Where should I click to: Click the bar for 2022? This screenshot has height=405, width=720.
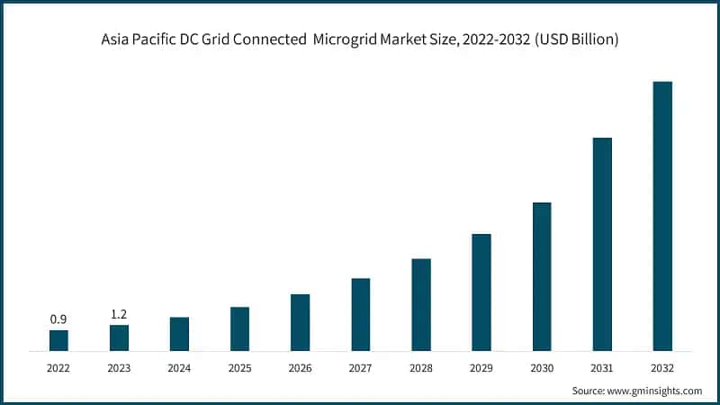pyautogui.click(x=58, y=340)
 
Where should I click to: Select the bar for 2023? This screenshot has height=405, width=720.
pyautogui.click(x=119, y=337)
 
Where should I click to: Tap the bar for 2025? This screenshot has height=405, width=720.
pyautogui.click(x=239, y=328)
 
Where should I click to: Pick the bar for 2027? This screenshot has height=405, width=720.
pyautogui.click(x=360, y=314)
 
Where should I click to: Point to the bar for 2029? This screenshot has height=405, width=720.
pyautogui.click(x=481, y=292)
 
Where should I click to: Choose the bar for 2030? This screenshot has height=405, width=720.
pyautogui.click(x=542, y=276)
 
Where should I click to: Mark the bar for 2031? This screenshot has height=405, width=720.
pyautogui.click(x=602, y=244)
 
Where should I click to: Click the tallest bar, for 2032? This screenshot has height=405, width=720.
pyautogui.click(x=662, y=216)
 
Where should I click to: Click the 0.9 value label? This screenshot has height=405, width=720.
pyautogui.click(x=58, y=319)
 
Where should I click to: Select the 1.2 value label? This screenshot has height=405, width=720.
pyautogui.click(x=119, y=314)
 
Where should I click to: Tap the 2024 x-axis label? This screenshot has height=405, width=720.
pyautogui.click(x=179, y=368)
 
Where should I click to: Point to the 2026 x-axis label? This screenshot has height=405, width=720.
pyautogui.click(x=300, y=368)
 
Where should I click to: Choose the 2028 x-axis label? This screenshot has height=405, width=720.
pyautogui.click(x=421, y=368)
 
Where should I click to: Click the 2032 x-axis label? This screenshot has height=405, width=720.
pyautogui.click(x=662, y=368)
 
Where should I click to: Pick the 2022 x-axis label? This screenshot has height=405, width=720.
pyautogui.click(x=58, y=368)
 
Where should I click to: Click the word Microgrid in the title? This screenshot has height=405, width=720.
pyautogui.click(x=346, y=40)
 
